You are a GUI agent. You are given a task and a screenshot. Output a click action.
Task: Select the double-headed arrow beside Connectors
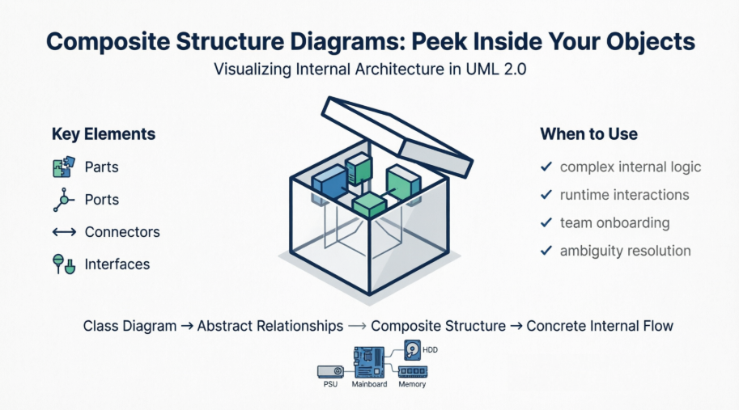pos(63,232)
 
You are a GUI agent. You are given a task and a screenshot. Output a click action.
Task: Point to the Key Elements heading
pos(104,134)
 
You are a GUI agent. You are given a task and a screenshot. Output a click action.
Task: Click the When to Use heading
pos(588,134)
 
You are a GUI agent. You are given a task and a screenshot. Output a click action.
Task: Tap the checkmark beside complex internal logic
pos(546,167)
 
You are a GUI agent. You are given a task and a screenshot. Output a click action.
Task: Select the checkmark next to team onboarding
pos(546,222)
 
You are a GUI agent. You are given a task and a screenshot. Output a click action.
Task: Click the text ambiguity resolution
pos(625,251)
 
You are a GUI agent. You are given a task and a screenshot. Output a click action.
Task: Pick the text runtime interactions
pos(624,195)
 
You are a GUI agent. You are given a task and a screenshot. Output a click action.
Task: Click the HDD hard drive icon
pos(413,351)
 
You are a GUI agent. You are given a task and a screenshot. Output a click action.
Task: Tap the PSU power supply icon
pos(329,371)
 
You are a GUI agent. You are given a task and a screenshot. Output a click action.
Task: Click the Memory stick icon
pos(412,372)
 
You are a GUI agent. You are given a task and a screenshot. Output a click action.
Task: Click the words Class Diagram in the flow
pos(130,327)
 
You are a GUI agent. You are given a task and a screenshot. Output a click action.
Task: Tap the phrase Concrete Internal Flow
pos(600,327)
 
